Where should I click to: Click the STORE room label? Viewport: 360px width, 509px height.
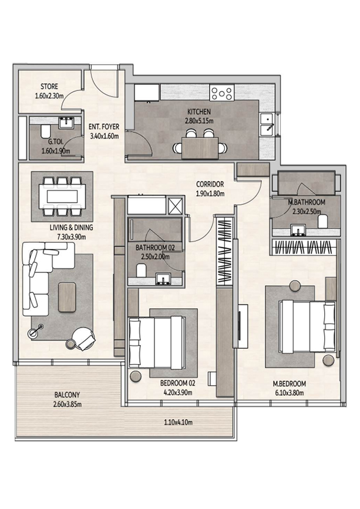pos(49,87)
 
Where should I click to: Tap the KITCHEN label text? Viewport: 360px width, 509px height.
pos(199,112)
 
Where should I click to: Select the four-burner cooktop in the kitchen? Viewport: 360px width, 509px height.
pos(222,93)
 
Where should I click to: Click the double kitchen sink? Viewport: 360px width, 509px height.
pos(267,125)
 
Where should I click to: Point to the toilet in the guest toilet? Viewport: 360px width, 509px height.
pos(45,132)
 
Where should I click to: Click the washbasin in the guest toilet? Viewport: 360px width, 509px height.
pos(68,123)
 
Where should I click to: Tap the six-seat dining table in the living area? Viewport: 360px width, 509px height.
pos(62,196)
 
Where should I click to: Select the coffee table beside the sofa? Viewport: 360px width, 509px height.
pos(67,297)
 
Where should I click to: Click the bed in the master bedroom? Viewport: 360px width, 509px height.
pos(307,326)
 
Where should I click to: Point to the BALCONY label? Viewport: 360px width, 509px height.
pos(67,395)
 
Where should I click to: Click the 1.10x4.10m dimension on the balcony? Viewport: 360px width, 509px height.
pos(178,422)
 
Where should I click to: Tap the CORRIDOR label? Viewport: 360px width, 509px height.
pos(210,184)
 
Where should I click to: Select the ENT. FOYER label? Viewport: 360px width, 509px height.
pos(104,127)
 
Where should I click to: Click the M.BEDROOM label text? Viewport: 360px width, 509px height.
pos(290,384)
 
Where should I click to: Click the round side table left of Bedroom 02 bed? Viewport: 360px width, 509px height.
pos(134,376)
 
